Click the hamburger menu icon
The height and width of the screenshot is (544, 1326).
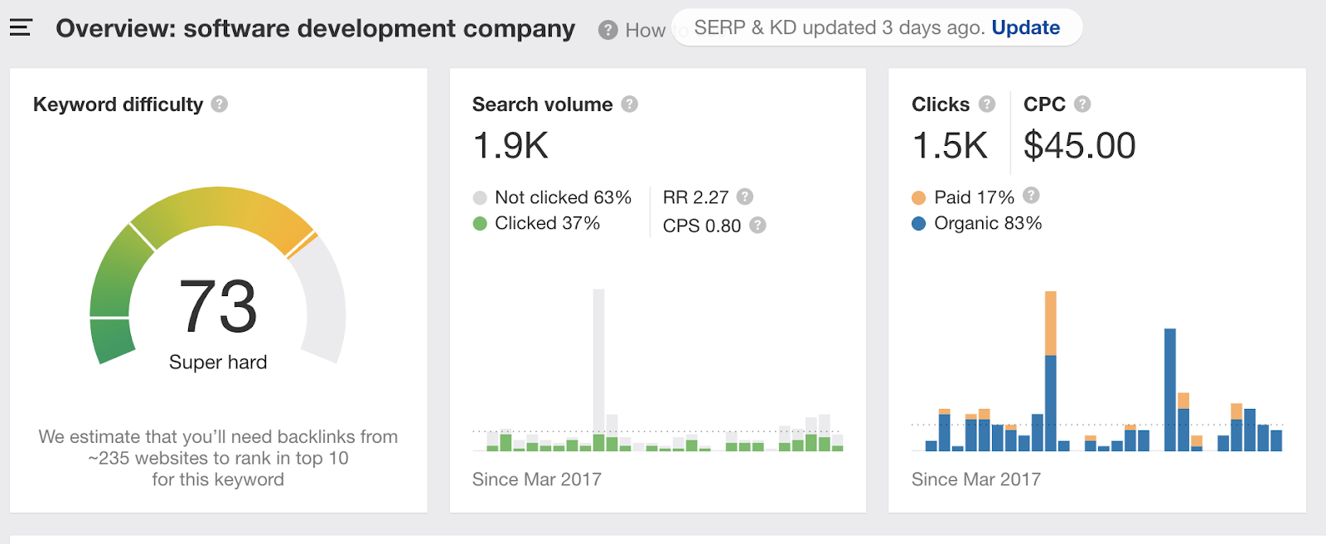pos(21,28)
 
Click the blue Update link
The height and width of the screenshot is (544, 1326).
pos(1025,27)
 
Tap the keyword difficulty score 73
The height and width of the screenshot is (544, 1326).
pos(218,306)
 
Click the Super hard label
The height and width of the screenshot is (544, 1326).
pos(218,362)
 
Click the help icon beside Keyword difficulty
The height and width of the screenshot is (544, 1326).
pos(220,104)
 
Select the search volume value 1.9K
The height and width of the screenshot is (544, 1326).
pos(511,146)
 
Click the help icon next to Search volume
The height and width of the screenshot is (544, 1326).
pos(630,104)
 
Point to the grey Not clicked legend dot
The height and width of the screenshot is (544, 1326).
pos(480,198)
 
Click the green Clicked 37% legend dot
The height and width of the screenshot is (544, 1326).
pos(480,224)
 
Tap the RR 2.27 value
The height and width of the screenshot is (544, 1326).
pos(695,197)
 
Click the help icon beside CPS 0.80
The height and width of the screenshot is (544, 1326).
pos(757,226)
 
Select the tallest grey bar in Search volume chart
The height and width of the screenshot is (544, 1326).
pos(598,357)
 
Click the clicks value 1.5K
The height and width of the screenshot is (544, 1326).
pos(950,146)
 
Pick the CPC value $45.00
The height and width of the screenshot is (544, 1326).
pos(1079,146)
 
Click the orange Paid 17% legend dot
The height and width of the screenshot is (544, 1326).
pos(918,198)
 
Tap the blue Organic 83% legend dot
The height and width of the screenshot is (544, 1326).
pos(918,224)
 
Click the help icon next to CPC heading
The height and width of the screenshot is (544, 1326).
pos(1082,104)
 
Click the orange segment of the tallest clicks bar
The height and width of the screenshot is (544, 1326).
pos(1051,323)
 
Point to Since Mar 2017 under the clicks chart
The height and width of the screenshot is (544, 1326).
pos(975,479)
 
